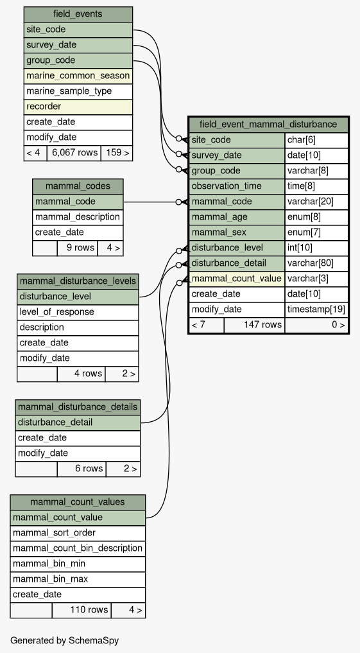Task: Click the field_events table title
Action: click(x=78, y=14)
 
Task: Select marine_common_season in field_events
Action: click(x=78, y=76)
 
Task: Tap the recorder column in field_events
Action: click(x=44, y=107)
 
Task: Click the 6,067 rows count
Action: click(x=74, y=153)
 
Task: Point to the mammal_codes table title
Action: click(x=78, y=186)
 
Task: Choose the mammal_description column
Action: click(x=78, y=217)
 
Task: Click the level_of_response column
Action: click(x=51, y=312)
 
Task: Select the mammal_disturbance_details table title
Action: click(x=78, y=407)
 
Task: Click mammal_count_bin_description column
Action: click(x=78, y=548)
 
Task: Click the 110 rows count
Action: click(x=89, y=610)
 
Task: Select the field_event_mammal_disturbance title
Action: click(x=268, y=124)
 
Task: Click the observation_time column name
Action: click(x=227, y=186)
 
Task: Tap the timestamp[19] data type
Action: click(x=316, y=309)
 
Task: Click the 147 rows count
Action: click(x=262, y=324)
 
